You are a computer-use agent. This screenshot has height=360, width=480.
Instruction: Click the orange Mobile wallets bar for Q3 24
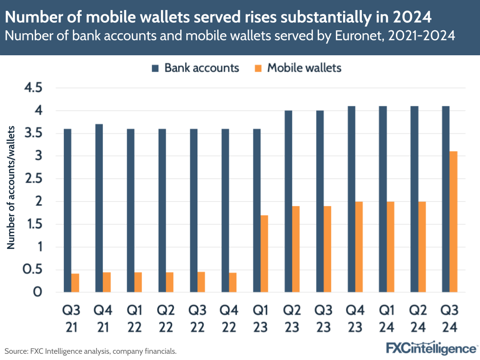coord(453,222)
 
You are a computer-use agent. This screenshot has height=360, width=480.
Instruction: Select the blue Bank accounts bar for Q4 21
coord(99,208)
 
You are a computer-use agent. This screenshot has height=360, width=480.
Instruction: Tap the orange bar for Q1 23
coord(264,253)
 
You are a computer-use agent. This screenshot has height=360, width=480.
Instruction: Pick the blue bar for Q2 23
coord(288,201)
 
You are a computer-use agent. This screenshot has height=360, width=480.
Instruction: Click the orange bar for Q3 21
coord(75,283)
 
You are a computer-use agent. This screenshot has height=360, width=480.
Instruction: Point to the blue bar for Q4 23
coord(351,199)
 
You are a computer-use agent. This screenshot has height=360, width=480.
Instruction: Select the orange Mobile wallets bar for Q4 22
coord(233,282)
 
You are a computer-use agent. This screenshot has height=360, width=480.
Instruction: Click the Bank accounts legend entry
coord(195,68)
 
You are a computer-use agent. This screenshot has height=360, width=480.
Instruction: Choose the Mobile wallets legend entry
coord(297,68)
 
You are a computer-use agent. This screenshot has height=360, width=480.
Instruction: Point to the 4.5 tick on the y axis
coord(31,88)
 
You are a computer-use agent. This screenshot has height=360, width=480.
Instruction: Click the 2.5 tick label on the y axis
coord(31,179)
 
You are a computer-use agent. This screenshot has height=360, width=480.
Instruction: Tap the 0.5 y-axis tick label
coord(31,270)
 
